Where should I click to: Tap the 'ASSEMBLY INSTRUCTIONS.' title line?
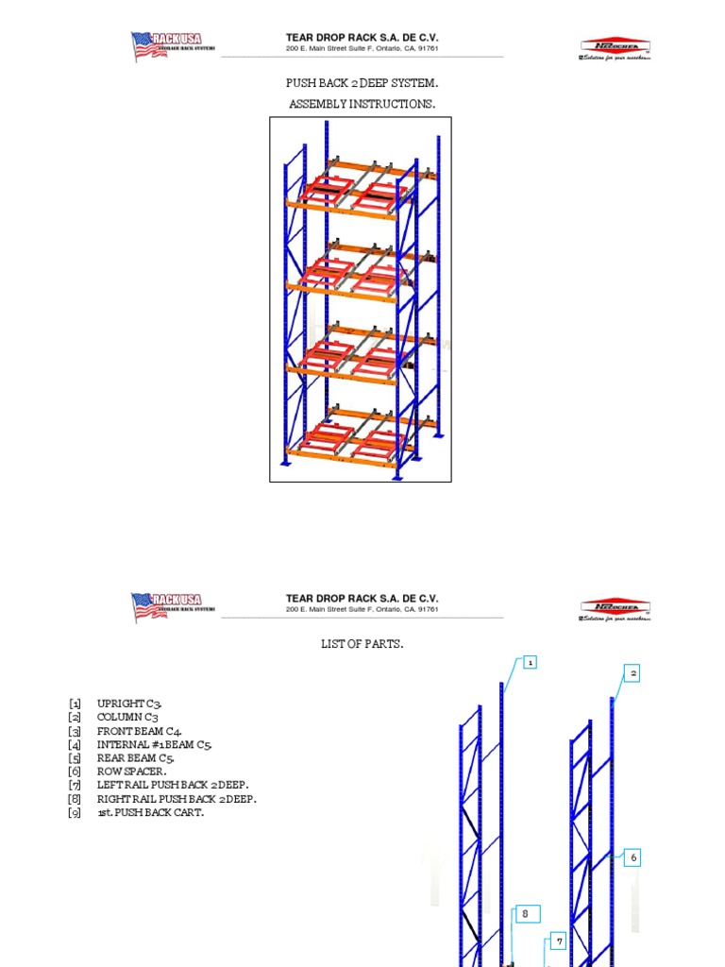pyautogui.click(x=362, y=103)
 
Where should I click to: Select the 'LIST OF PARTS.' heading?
pyautogui.click(x=362, y=644)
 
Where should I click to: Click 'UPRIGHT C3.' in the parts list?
pyautogui.click(x=136, y=704)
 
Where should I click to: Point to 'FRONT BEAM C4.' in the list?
pyautogui.click(x=140, y=731)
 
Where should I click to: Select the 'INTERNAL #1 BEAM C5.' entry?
pyautogui.click(x=155, y=744)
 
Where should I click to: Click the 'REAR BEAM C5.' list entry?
pyautogui.click(x=136, y=757)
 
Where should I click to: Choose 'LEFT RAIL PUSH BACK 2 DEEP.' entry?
pyautogui.click(x=173, y=785)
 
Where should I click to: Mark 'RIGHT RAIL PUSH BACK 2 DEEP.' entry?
pyautogui.click(x=176, y=799)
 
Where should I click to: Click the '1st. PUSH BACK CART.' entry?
pyautogui.click(x=150, y=812)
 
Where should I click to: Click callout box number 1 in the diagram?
pyautogui.click(x=531, y=663)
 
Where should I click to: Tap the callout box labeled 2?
pyautogui.click(x=633, y=673)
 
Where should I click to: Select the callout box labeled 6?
pyautogui.click(x=633, y=857)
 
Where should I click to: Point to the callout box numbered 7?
pyautogui.click(x=559, y=942)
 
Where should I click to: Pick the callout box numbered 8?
pyautogui.click(x=527, y=914)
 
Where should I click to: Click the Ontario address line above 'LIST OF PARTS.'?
pyautogui.click(x=362, y=609)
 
